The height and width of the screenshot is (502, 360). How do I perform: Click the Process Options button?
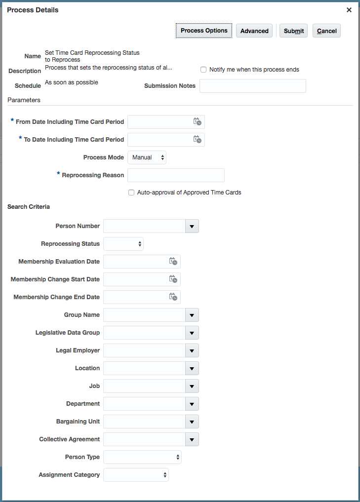tap(204, 31)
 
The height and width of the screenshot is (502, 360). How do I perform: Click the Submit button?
tap(294, 31)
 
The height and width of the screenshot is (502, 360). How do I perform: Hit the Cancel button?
tap(326, 31)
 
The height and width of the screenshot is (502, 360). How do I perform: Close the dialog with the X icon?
tap(349, 10)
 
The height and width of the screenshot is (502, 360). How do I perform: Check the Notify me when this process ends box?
tap(203, 70)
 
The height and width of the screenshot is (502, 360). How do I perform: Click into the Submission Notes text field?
tap(252, 86)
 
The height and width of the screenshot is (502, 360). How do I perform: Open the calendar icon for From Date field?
tap(197, 122)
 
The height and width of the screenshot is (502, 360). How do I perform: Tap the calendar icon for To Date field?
tap(197, 140)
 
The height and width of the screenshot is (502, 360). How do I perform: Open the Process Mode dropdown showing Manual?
tap(147, 157)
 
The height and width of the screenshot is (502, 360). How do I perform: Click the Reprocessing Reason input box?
tap(176, 175)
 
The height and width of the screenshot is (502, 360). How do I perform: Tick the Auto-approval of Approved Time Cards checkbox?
tap(131, 193)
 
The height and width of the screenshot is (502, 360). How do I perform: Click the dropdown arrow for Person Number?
tap(192, 226)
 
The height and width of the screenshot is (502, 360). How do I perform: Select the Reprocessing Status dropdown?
tap(123, 244)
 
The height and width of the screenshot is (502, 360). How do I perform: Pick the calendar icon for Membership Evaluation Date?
tap(173, 262)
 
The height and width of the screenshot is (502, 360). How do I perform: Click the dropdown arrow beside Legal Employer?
tap(192, 350)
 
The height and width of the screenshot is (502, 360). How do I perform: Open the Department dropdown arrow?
tap(192, 404)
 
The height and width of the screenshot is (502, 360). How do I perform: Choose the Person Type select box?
tap(142, 457)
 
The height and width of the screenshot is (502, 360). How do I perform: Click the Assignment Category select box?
tap(136, 475)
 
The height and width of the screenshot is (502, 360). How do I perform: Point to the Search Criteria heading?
tap(29, 207)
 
